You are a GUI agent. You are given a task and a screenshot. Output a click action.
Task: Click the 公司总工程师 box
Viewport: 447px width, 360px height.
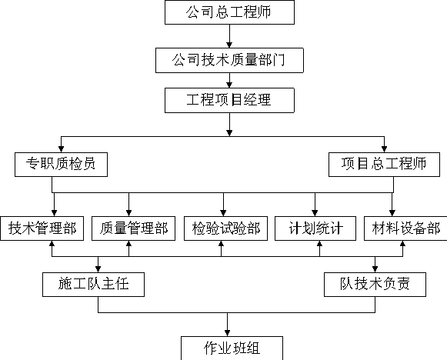[x=229, y=12]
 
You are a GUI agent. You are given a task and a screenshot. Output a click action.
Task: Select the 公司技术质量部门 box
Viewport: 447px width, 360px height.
[x=229, y=61]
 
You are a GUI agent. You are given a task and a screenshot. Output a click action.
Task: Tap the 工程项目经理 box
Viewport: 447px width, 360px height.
[x=229, y=100]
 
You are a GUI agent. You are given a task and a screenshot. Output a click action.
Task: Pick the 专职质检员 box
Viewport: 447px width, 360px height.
[x=61, y=165]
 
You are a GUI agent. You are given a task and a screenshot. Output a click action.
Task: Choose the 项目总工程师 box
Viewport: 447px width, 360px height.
[x=384, y=165]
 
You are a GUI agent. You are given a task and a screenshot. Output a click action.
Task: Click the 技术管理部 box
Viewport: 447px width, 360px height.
[x=42, y=228]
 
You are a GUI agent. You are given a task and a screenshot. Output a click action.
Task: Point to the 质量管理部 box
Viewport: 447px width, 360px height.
[x=133, y=228]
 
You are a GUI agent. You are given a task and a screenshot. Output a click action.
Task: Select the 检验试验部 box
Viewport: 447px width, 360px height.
[x=225, y=228]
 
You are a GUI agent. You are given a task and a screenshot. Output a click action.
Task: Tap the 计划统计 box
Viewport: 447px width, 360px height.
[x=315, y=228]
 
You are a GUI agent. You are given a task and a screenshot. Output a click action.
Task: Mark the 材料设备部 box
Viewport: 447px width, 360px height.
[x=405, y=228]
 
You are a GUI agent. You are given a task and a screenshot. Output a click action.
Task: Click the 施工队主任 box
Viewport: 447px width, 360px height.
[x=94, y=285]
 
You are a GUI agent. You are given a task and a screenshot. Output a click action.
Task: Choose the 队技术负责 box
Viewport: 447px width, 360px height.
[x=375, y=285]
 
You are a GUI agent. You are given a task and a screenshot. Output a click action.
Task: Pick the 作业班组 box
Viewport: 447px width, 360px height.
[x=232, y=348]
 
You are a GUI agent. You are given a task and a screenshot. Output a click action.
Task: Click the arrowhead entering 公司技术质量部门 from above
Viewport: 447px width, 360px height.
[x=229, y=45]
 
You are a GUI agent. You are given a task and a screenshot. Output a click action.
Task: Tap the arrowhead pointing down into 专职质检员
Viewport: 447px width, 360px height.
[x=61, y=149]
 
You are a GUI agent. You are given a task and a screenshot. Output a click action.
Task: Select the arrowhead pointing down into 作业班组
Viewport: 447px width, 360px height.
[x=227, y=333]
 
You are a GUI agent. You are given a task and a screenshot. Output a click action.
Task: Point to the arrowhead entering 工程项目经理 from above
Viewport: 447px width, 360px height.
[x=229, y=85]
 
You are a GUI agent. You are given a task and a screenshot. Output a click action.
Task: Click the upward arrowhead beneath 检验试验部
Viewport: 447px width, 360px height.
[x=222, y=244]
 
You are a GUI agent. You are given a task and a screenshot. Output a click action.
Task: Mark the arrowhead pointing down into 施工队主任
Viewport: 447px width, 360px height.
[x=98, y=269]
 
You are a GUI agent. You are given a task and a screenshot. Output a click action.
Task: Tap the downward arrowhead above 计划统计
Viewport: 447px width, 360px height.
[x=315, y=213]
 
